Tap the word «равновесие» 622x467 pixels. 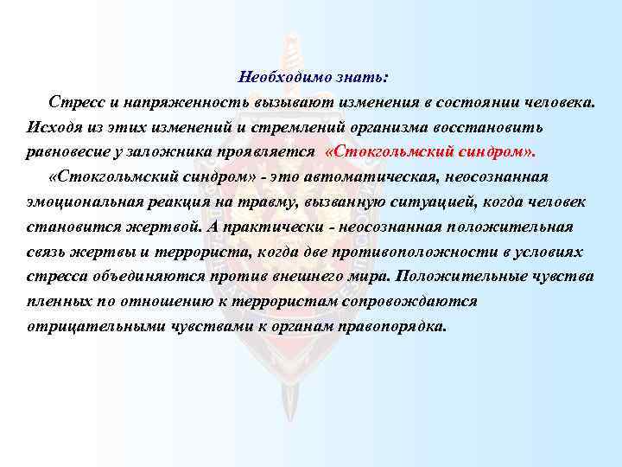pyautogui.click(x=70, y=152)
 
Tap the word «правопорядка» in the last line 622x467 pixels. pyautogui.click(x=397, y=328)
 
